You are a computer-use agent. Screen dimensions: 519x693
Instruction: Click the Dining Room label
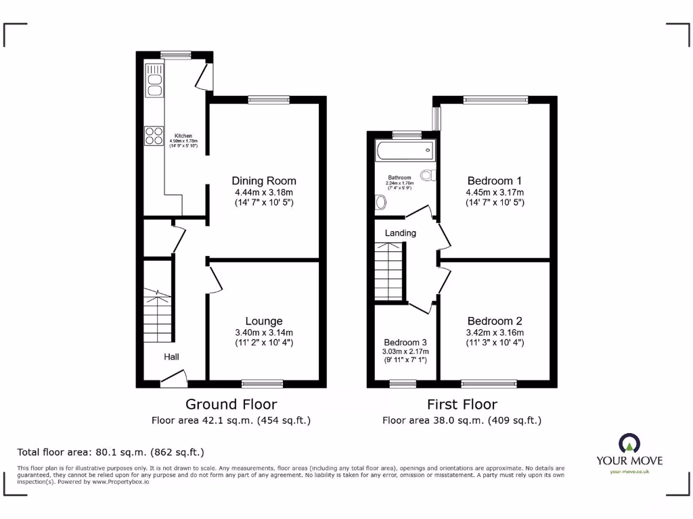coord(264,181)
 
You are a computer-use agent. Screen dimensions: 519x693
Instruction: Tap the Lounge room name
coord(264,321)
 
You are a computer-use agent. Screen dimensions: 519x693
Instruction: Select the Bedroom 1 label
coord(495,181)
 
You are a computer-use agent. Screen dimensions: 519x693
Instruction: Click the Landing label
coord(400,233)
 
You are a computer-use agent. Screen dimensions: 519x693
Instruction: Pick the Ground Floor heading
coord(231,405)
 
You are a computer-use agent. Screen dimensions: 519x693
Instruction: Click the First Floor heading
coord(462,405)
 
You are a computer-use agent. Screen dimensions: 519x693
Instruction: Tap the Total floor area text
coord(110,452)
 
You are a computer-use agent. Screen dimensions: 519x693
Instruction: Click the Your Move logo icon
coord(629,443)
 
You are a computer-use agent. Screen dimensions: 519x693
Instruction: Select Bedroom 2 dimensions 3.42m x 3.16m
coord(495,332)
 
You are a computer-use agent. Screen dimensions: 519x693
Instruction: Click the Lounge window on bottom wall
coord(263,384)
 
